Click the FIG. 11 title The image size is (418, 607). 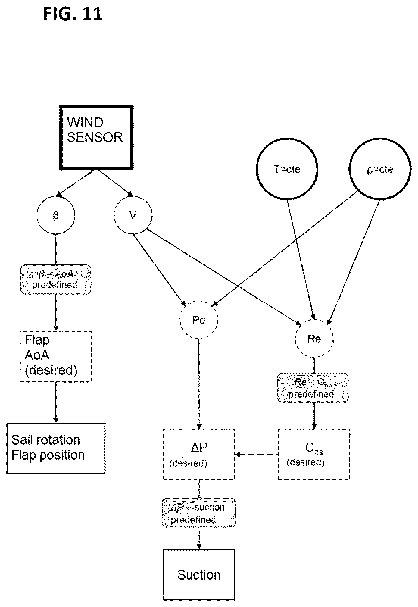tap(73, 14)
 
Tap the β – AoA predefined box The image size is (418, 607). tap(55, 279)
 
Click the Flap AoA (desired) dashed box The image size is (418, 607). tap(55, 356)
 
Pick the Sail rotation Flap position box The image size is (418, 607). tap(56, 448)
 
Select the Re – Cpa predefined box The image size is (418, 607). tap(313, 388)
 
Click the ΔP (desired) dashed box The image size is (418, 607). tap(199, 454)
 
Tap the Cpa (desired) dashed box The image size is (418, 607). tap(314, 454)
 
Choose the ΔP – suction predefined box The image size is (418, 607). tap(198, 513)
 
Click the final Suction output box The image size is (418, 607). tap(199, 574)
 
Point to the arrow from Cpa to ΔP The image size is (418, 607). tap(257, 454)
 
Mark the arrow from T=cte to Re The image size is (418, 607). tap(301, 259)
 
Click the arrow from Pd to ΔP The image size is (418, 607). tap(199, 384)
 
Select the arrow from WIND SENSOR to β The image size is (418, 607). tap(76, 183)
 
